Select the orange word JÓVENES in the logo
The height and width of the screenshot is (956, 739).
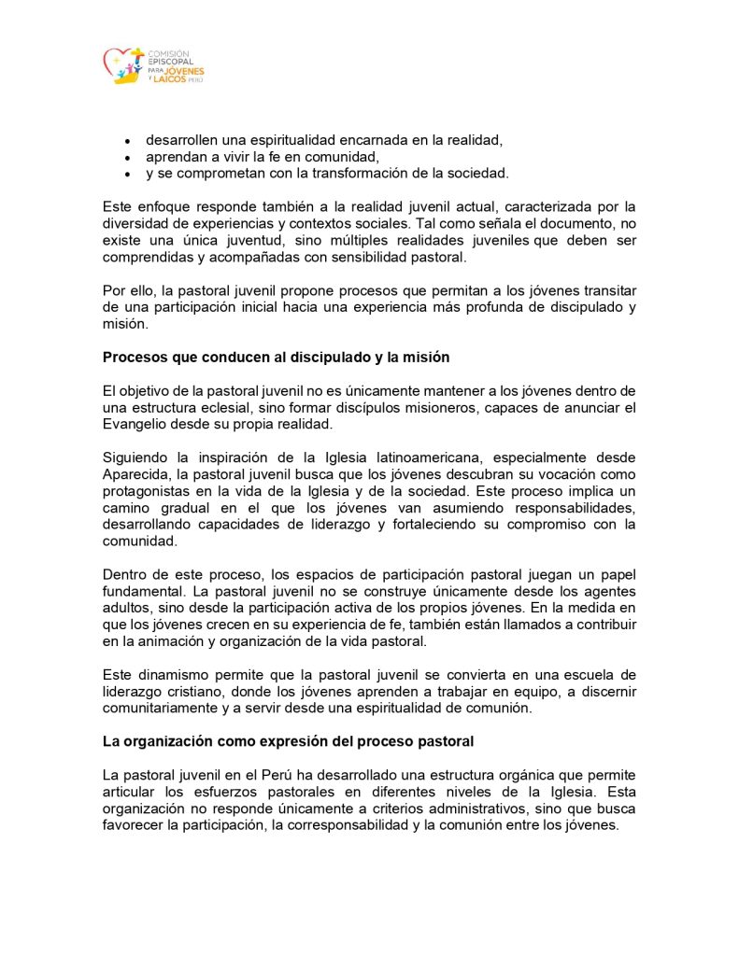click(184, 71)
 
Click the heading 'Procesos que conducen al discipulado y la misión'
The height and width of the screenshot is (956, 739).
click(289, 356)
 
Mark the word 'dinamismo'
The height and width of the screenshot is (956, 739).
click(170, 674)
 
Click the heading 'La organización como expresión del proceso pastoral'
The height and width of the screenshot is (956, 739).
click(288, 741)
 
